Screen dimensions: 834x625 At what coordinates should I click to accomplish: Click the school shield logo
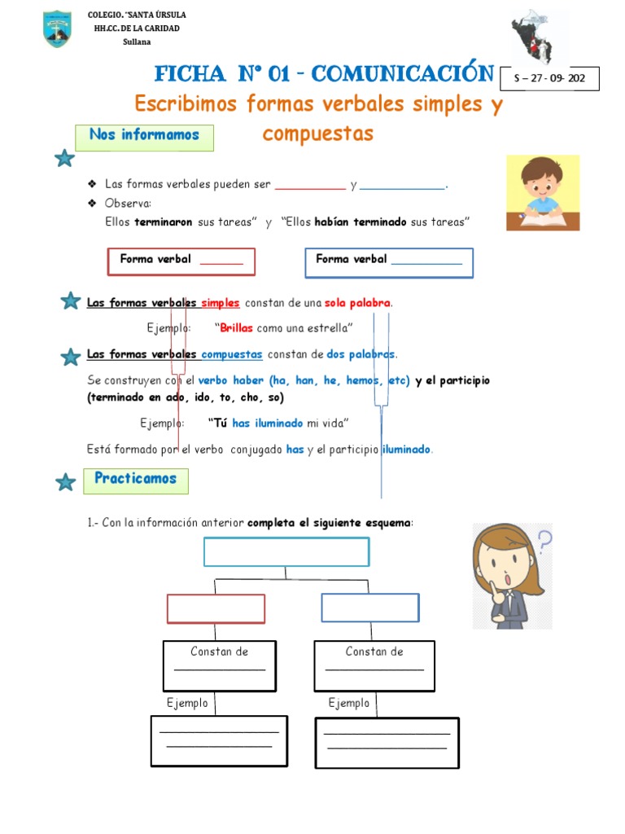point(57,29)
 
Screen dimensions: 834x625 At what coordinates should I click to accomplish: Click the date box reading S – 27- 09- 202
point(550,79)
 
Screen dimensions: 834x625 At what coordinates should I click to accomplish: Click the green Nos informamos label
point(144,136)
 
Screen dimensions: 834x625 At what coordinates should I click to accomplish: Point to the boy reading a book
point(543,192)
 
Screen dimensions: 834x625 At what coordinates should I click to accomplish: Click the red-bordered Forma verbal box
point(181,261)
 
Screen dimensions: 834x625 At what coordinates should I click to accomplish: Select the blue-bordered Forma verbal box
point(389,262)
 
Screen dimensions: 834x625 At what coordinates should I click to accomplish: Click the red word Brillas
point(237,328)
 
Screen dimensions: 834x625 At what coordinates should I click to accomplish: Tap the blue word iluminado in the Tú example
point(279,423)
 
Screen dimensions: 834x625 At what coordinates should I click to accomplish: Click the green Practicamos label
point(135,480)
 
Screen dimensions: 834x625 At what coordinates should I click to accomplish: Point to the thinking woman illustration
point(512,575)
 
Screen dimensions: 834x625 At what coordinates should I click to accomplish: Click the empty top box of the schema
point(286,551)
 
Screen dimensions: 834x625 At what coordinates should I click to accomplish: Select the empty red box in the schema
point(216,608)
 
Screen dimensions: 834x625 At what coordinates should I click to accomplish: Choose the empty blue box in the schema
point(370,608)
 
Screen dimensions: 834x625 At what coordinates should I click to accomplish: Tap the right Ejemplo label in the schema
point(349,703)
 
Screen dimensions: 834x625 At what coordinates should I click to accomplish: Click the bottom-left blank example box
point(219,740)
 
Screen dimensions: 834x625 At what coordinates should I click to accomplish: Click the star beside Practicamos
point(65,483)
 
